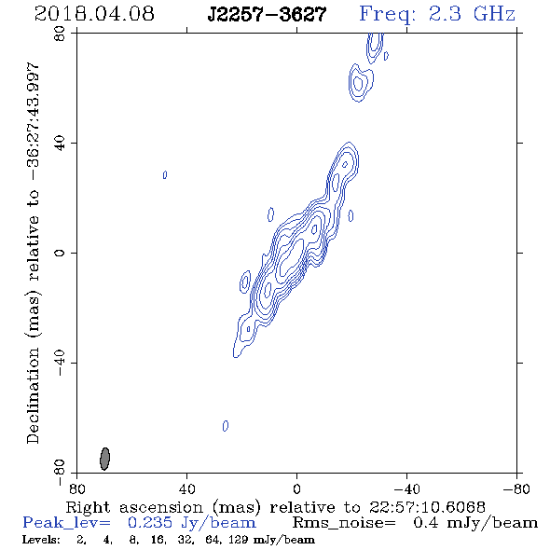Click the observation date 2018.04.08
pos(94,14)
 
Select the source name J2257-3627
pos(267,14)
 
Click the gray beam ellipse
pos(105,459)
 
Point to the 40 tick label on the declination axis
pos(60,144)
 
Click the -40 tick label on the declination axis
pos(60,363)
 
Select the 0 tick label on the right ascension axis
pos(296,488)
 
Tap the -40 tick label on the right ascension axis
pos(406,488)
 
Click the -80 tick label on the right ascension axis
pos(516,488)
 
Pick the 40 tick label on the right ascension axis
pos(186,488)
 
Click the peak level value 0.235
pos(150,523)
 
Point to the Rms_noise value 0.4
pos(426,523)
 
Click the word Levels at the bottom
pos(41,539)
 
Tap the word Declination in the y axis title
pos(33,395)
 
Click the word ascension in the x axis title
pos(161,507)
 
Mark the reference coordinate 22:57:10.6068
pos(427,507)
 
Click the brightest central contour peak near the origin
pos(290,258)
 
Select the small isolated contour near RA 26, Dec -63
pos(226,425)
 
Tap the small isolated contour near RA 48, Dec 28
pos(165,174)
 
